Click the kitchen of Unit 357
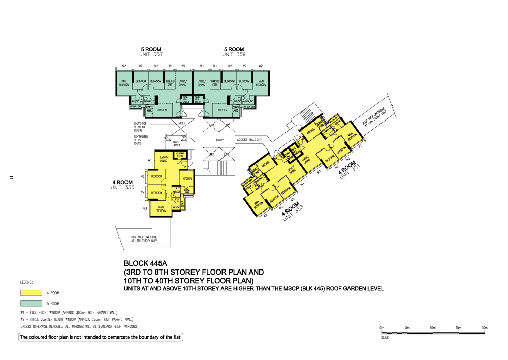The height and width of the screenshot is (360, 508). (x=162, y=110)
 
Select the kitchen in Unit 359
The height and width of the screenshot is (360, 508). (x=223, y=110)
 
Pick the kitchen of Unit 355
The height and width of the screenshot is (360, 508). (x=187, y=179)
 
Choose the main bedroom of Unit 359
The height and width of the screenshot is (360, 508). (x=261, y=83)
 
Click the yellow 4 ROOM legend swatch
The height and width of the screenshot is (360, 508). (x=30, y=293)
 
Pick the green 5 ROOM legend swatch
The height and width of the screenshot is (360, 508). (x=30, y=303)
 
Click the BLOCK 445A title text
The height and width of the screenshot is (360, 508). (x=145, y=264)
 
